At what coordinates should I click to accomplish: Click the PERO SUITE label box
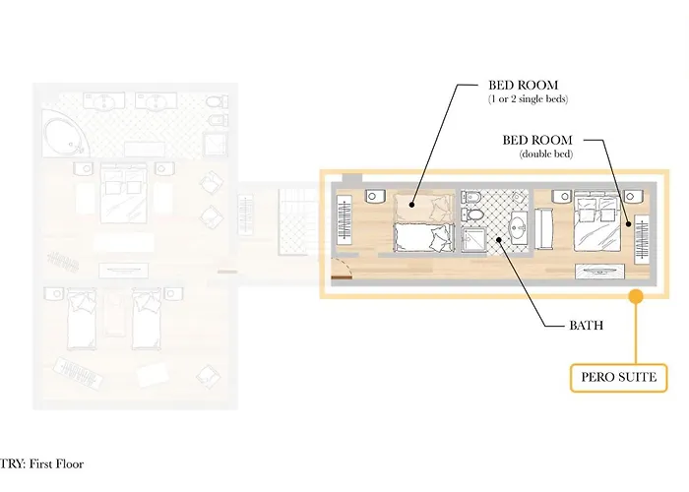pos(618,377)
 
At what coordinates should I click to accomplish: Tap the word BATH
pos(587,326)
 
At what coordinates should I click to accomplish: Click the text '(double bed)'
pos(546,154)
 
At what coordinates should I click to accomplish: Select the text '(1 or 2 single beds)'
pos(529,99)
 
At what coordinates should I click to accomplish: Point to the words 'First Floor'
pos(56,464)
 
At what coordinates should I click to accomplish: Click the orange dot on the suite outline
pos(636,296)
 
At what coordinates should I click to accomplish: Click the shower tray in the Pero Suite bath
pos(474,240)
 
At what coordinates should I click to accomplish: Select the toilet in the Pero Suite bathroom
pos(471,215)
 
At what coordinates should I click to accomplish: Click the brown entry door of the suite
pos(342,277)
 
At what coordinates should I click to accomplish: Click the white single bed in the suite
pos(424,238)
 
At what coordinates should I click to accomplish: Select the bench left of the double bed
pos(543,229)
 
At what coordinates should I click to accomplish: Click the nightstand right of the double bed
pos(633,196)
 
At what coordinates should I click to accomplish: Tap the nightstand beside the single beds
pos(375,196)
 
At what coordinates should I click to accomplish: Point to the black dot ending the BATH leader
pos(499,239)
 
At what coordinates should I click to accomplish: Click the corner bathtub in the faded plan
pos(66,134)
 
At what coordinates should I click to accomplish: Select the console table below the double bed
pos(599,272)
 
